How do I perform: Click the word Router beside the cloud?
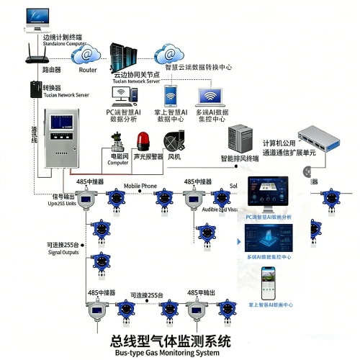click(88, 70)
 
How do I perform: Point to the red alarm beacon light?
click(145, 138)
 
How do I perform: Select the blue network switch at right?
click(329, 138)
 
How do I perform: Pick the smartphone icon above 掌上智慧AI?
click(171, 96)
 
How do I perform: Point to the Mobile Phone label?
click(140, 186)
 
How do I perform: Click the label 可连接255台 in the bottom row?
click(148, 294)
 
